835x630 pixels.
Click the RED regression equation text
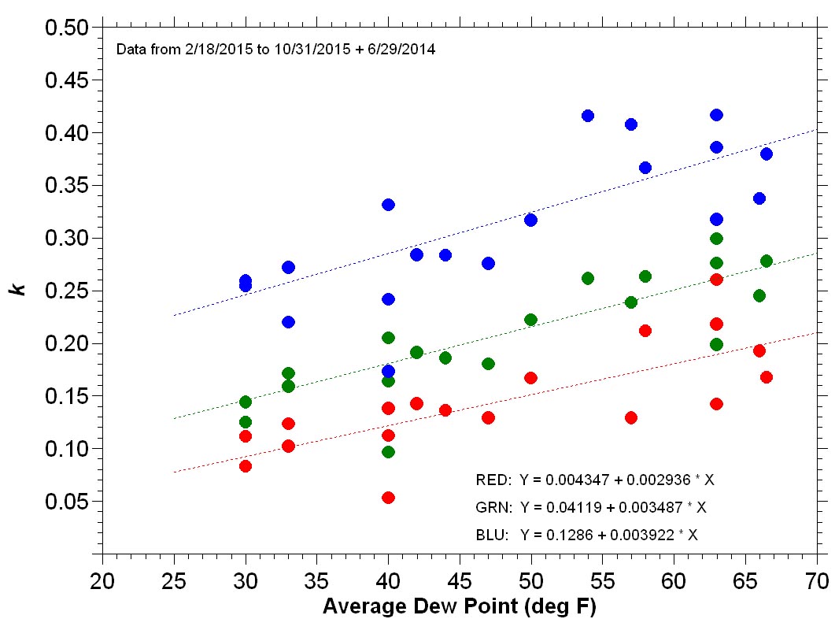pyautogui.click(x=595, y=480)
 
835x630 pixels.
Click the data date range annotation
pyautogui.click(x=275, y=50)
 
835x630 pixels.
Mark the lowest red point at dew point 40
pyautogui.click(x=388, y=498)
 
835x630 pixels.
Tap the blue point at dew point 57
pyautogui.click(x=630, y=124)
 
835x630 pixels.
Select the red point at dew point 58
pyautogui.click(x=645, y=331)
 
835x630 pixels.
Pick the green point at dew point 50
pyautogui.click(x=530, y=320)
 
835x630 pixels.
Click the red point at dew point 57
pyautogui.click(x=630, y=417)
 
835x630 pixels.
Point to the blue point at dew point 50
pyautogui.click(x=530, y=220)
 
